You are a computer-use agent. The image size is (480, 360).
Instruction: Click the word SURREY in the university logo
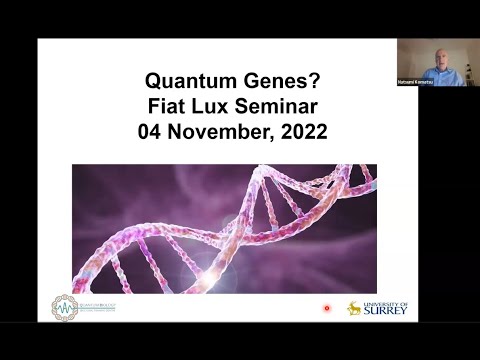[386, 311]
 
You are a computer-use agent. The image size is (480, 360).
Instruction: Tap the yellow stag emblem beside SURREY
[354, 308]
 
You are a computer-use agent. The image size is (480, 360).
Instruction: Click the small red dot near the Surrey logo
[326, 309]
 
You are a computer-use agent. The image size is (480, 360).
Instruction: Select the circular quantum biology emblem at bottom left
[65, 307]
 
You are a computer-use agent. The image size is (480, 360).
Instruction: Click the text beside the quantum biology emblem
[97, 307]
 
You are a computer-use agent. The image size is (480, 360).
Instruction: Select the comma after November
[269, 137]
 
